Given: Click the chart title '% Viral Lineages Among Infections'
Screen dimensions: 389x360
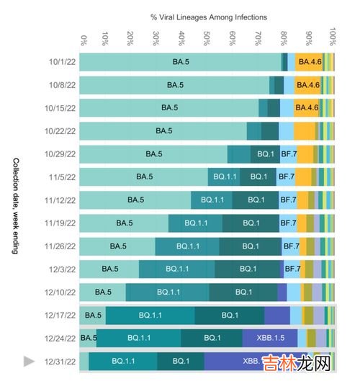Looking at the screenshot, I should coord(208,16).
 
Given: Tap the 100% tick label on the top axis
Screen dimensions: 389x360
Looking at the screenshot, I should coord(333,37).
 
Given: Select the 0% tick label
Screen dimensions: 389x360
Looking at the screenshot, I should coord(84,40).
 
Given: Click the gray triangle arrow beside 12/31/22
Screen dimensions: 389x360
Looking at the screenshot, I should coord(30,362).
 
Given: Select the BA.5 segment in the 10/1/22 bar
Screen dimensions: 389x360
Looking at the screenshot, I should coord(180,62).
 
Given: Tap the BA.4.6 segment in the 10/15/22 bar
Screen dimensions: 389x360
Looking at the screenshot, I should coord(307,108).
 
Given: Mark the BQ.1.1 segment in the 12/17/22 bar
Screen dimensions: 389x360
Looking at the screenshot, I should coord(150,315).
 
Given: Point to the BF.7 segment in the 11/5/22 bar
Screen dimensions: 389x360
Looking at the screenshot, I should coord(286,176).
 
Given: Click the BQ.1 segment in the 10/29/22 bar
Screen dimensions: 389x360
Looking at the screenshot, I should coord(265,153).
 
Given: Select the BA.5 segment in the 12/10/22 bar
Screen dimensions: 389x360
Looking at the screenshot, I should coord(103,292).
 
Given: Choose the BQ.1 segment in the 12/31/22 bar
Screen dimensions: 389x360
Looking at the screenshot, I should coord(181,361).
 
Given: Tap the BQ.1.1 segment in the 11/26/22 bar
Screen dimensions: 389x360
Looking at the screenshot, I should coord(187,246).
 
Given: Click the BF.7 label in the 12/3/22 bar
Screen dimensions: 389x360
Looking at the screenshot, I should coord(292,269).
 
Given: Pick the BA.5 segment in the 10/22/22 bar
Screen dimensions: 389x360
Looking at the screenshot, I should coord(163,131).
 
